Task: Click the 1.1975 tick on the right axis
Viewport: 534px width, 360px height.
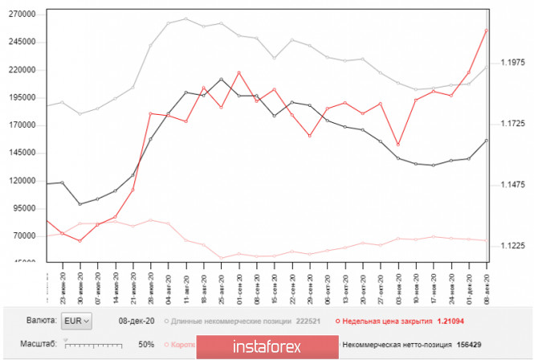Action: (513, 62)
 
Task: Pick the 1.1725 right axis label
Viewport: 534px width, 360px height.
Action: (513, 124)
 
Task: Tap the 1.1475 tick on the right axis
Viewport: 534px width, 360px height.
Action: (513, 185)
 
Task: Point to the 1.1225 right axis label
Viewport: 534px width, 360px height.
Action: (513, 247)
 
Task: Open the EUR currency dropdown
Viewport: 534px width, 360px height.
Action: (77, 321)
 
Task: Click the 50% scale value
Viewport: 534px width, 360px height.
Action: (146, 344)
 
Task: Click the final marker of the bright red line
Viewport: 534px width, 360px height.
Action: (486, 31)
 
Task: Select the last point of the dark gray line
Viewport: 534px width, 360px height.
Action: (486, 141)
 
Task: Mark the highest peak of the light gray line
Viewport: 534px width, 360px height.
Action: (185, 19)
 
